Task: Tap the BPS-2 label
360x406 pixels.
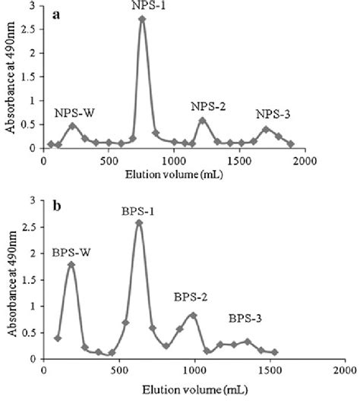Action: [193, 297]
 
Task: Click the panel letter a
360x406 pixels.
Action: [55, 14]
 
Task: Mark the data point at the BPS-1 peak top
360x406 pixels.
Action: [139, 223]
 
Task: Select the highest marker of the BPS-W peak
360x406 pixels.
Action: [71, 265]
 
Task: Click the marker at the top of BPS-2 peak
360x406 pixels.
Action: [194, 315]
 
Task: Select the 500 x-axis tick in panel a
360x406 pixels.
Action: [109, 162]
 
